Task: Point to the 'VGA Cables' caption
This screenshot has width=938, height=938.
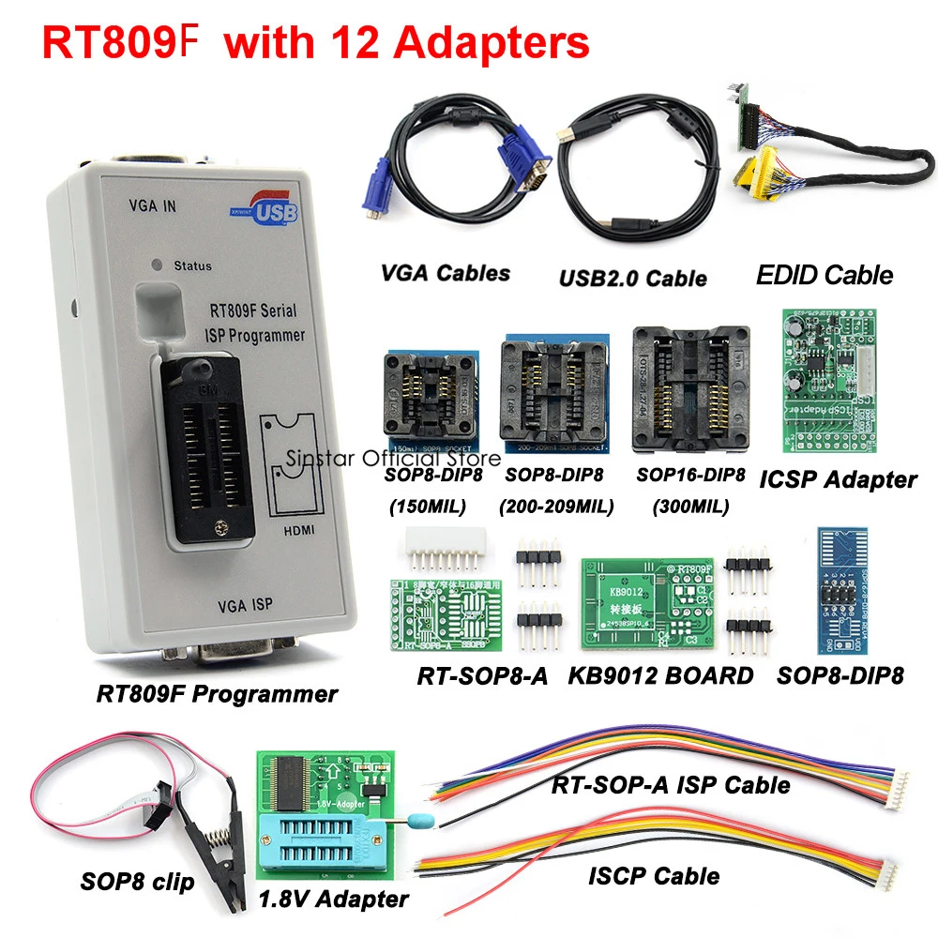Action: (x=446, y=273)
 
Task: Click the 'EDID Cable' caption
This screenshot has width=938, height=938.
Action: (x=825, y=275)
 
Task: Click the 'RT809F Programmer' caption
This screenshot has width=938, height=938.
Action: (x=217, y=694)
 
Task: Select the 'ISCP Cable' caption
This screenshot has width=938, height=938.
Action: (x=654, y=876)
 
